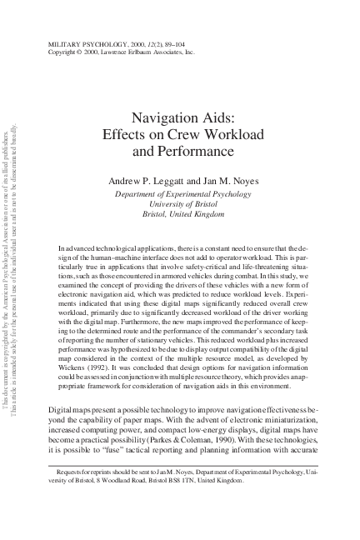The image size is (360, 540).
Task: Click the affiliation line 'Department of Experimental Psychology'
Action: (179, 193)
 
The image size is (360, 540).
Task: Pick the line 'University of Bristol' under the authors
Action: (179, 203)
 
